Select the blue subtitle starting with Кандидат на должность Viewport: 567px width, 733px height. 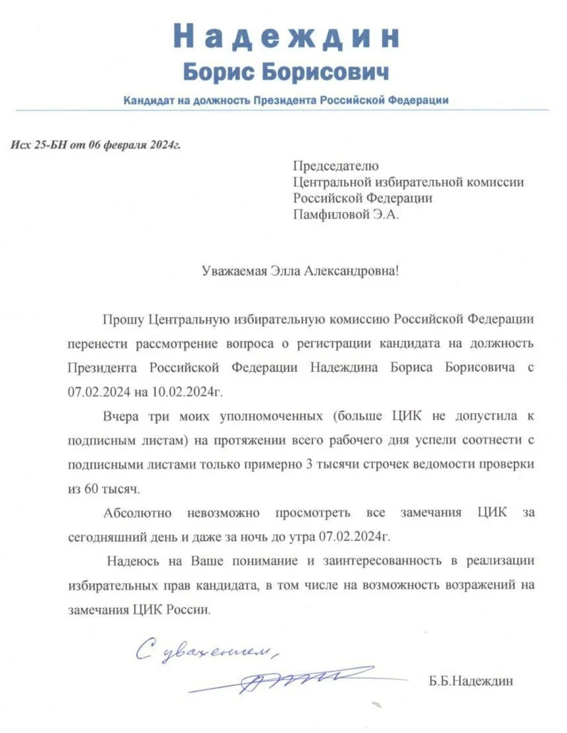pyautogui.click(x=285, y=101)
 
